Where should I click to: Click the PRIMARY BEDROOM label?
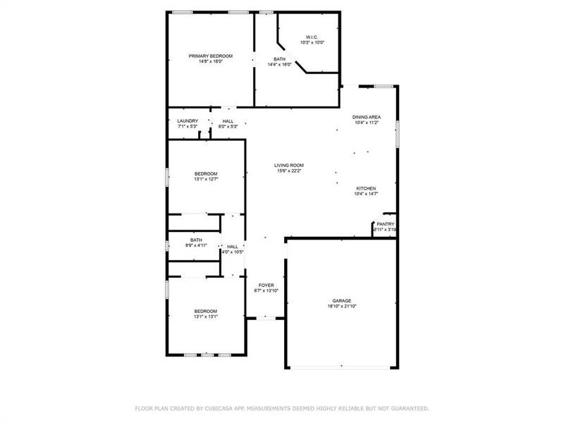[210, 56]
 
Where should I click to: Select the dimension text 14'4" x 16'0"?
[281, 65]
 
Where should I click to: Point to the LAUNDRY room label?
[188, 121]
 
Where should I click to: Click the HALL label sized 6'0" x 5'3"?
[228, 121]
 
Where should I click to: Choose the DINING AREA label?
[367, 116]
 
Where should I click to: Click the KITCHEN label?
[366, 188]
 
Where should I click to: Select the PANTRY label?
[385, 223]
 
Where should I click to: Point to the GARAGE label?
[342, 300]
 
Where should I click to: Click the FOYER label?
[266, 285]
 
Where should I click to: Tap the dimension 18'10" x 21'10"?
[342, 307]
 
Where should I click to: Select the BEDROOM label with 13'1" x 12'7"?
[206, 173]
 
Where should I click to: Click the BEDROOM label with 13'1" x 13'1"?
[206, 310]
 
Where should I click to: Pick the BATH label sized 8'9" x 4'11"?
[195, 240]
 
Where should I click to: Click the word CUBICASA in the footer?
[223, 408]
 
